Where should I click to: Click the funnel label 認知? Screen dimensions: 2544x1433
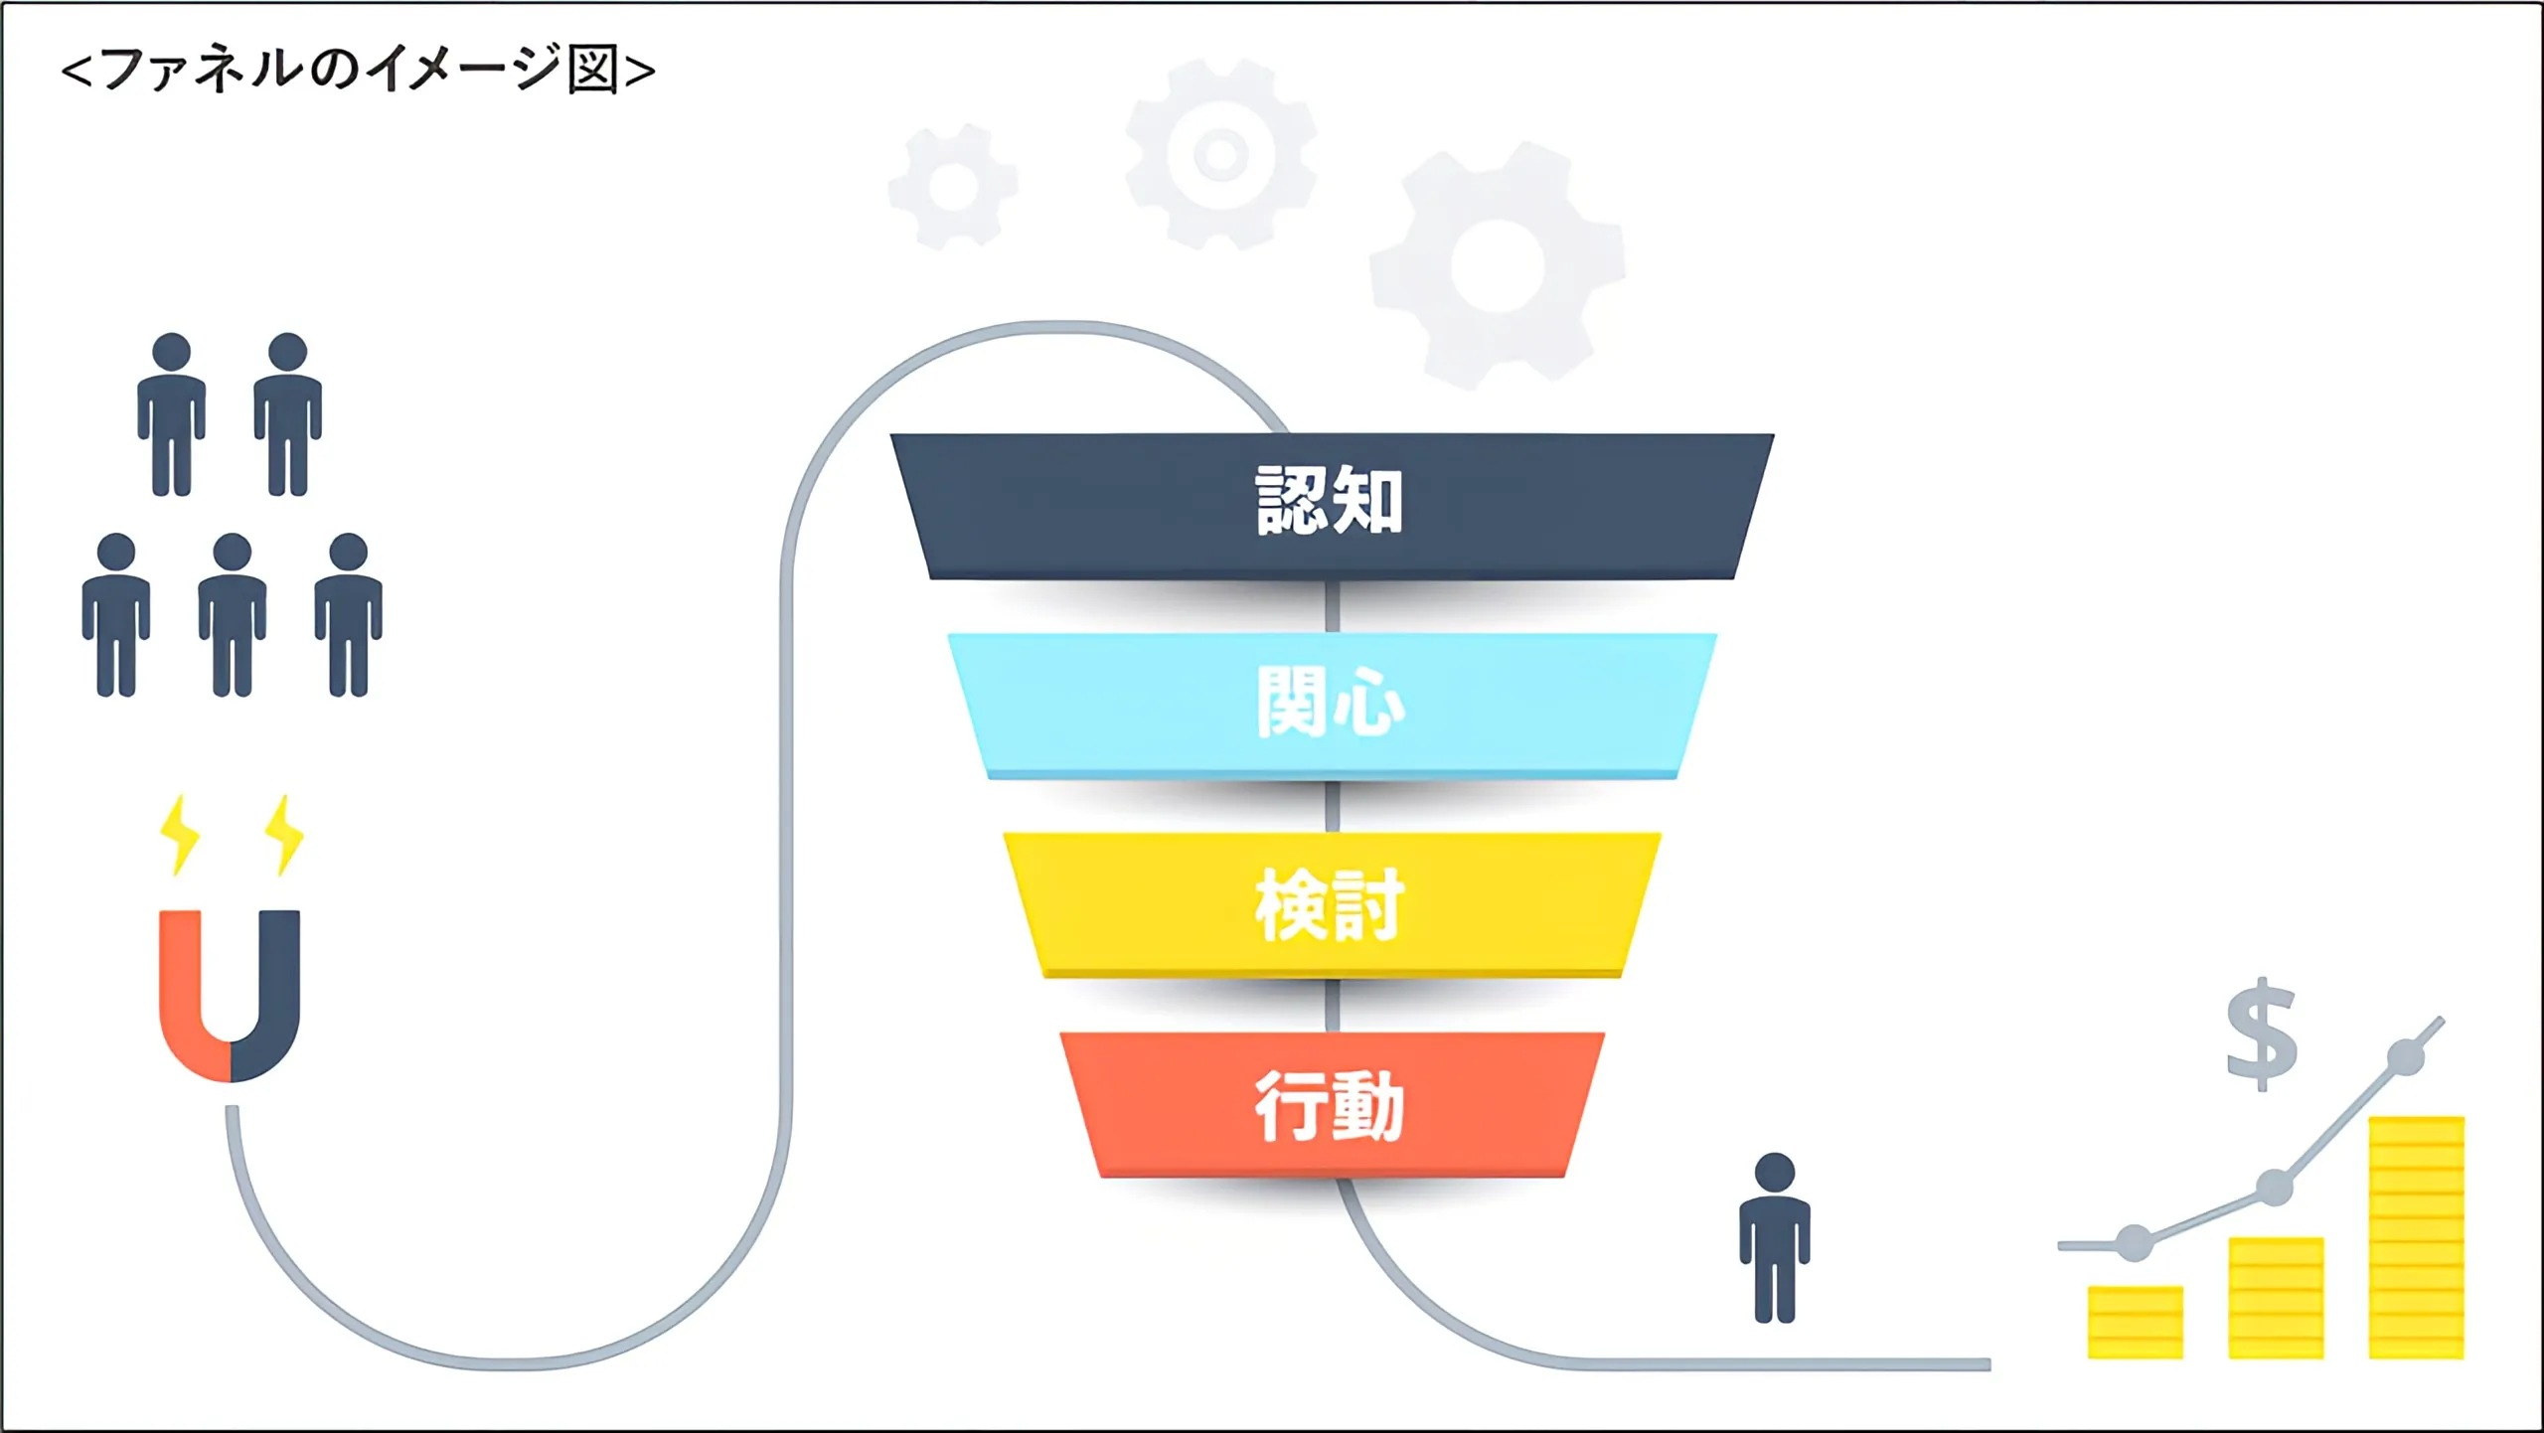1330,501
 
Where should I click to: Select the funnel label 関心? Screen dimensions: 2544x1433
1330,702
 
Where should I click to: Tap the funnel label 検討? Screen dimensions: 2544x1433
1330,904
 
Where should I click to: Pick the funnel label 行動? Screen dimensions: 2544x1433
1330,1106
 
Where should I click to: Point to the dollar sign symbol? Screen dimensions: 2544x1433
2262,1034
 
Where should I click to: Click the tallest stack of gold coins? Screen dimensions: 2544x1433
2416,1237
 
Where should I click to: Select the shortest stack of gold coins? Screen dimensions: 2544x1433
2135,1322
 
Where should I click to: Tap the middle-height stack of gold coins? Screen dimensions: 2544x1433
2276,1298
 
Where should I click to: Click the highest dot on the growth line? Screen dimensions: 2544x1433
2406,1056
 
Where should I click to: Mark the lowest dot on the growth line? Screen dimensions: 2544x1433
2135,1243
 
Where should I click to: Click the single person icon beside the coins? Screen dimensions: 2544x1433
1775,1238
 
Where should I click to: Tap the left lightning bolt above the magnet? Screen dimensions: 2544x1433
180,835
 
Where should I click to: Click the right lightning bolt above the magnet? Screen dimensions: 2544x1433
284,835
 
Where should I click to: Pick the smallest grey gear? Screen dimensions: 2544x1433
952,186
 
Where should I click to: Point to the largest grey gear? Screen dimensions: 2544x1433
1498,265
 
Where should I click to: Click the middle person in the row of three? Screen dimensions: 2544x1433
233,614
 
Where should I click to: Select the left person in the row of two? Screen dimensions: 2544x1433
172,414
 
